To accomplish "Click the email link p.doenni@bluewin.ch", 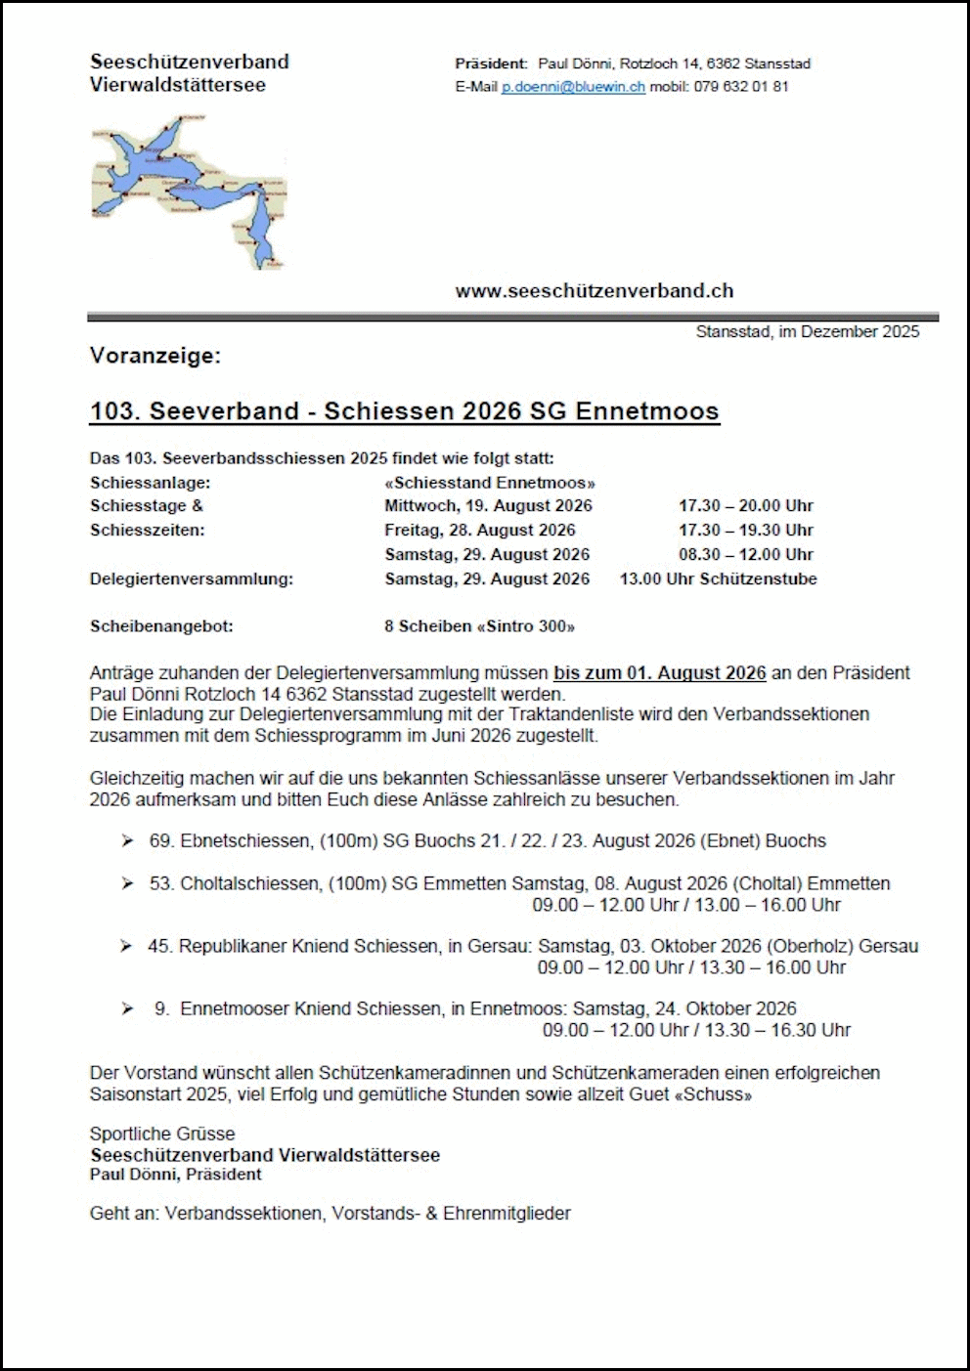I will coord(573,87).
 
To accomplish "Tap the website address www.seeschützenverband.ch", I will coord(594,290).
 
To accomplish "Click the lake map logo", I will coord(189,193).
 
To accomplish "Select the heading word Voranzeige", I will coord(154,356).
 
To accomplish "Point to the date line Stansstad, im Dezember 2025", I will coord(807,332).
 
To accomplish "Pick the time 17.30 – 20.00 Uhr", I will coord(745,506).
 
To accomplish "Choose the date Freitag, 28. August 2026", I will coord(479,531).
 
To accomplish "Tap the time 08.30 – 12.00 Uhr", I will coord(745,555).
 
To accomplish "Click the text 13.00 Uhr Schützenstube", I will coord(718,579).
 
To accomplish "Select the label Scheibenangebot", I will coord(161,626).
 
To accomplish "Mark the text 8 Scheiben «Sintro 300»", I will coord(479,626).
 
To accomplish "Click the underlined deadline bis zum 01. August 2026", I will coord(659,673).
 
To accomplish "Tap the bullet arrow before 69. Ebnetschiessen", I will coord(127,841).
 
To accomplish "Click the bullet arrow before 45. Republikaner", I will coord(126,946).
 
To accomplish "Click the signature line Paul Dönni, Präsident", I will coord(176,1175).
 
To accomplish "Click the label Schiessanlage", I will coord(150,483).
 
